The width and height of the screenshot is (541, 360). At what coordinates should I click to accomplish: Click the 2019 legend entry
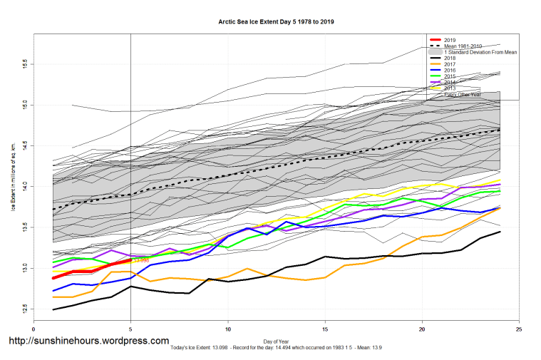(450, 39)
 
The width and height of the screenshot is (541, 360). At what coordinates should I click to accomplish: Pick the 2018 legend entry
(450, 58)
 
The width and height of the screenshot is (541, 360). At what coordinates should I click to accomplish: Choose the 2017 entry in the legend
(450, 65)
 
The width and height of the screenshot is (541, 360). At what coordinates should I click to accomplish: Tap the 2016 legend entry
(450, 71)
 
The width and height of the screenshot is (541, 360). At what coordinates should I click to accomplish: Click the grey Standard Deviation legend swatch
(433, 52)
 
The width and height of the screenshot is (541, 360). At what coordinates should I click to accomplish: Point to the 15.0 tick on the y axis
(24, 104)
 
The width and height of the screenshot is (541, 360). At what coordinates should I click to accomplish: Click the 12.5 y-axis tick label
(24, 309)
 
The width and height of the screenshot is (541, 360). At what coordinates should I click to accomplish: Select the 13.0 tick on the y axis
(24, 268)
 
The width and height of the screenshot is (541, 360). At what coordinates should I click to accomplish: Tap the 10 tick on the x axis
(228, 330)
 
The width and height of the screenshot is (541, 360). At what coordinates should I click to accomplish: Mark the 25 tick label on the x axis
(519, 330)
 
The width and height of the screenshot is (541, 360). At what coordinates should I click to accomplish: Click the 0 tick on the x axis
(34, 330)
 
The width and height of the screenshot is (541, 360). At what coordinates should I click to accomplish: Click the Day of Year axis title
(276, 341)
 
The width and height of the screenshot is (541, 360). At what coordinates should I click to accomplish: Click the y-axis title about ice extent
(13, 178)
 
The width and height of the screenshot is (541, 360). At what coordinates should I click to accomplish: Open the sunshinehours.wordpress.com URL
(88, 341)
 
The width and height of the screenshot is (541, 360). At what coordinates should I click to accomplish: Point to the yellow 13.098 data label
(141, 260)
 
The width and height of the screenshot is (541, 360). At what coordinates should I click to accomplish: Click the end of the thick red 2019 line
(130, 260)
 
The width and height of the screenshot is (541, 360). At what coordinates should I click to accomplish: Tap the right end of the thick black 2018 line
(499, 232)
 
